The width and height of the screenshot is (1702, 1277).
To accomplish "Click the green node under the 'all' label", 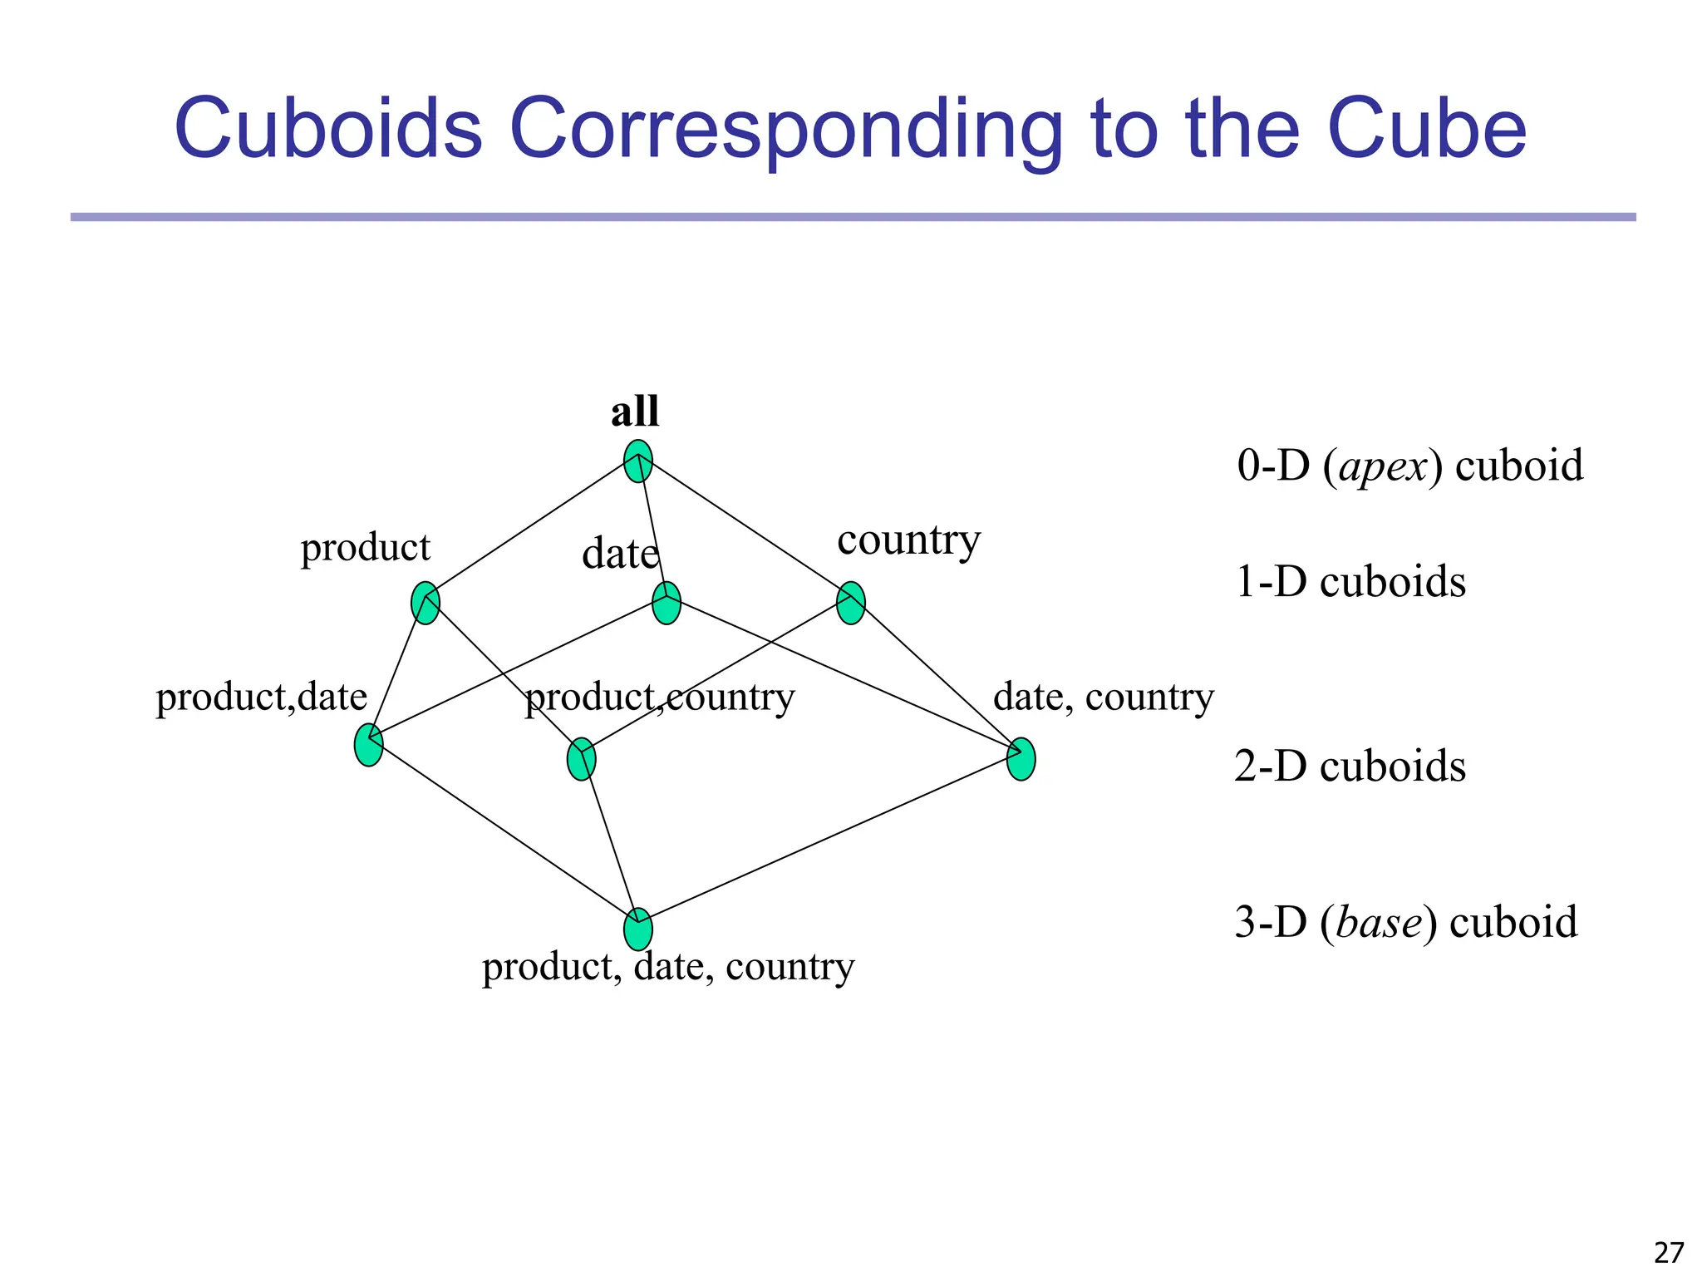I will [x=637, y=461].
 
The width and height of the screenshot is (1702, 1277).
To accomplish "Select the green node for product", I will [x=425, y=603].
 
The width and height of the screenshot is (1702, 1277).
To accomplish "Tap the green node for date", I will [x=667, y=603].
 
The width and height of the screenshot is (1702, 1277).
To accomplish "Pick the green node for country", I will [x=851, y=603].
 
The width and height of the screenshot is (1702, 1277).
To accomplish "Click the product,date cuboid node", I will [x=369, y=745].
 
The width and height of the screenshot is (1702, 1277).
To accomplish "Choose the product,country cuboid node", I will [x=581, y=759].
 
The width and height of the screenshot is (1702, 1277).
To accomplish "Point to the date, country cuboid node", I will [x=1021, y=759].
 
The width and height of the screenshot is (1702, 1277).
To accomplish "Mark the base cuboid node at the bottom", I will [x=637, y=929].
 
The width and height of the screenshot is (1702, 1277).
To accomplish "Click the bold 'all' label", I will [x=635, y=412].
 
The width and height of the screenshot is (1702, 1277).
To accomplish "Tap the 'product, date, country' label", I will [x=668, y=966].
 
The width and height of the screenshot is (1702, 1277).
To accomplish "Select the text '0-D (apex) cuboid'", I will [x=1409, y=466].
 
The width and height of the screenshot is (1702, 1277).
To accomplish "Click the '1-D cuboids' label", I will [x=1350, y=581].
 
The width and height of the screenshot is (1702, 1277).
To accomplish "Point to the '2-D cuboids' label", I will [x=1350, y=766].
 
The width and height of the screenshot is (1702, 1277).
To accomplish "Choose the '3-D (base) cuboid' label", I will [x=1405, y=922].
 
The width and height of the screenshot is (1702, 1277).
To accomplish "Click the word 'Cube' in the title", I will [x=1427, y=129].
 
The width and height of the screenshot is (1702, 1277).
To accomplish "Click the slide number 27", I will [x=1669, y=1252].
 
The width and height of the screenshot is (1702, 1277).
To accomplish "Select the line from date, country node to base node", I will [x=831, y=844].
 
